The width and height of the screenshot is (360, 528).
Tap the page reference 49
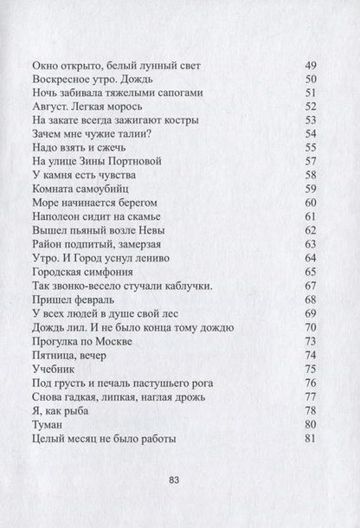tap(313, 66)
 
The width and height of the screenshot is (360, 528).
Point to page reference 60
tap(313, 201)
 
